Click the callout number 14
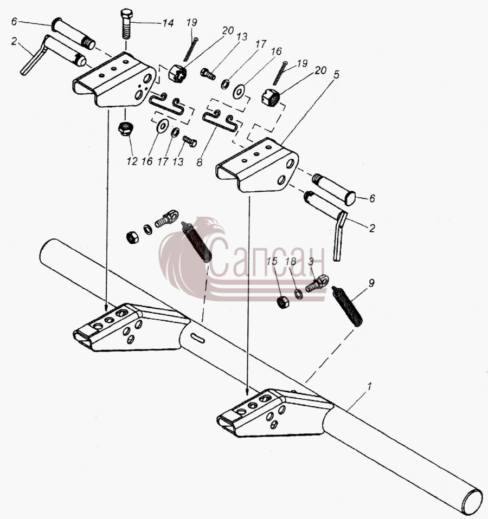click(168, 23)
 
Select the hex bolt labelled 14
click(126, 24)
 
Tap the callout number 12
click(132, 161)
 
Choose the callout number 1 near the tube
click(370, 386)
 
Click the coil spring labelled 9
click(347, 307)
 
